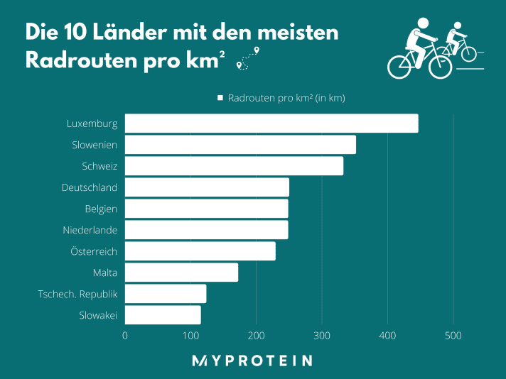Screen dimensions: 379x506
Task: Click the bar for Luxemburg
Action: point(271,123)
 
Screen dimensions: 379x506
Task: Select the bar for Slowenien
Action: point(240,145)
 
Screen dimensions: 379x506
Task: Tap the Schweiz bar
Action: point(234,166)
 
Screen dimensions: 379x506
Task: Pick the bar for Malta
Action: point(181,273)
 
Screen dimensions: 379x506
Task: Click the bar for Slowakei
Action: point(163,315)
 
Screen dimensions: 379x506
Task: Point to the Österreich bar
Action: point(200,251)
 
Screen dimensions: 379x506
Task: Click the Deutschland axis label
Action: point(90,187)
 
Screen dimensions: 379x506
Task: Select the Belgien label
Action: point(101,209)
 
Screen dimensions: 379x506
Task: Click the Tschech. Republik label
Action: point(77,294)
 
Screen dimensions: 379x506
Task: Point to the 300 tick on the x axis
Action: point(322,336)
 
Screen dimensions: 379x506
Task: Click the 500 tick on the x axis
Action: point(453,336)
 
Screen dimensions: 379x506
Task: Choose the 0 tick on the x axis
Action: point(125,336)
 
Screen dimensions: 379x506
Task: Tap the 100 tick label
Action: point(190,336)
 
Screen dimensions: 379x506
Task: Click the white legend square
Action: point(220,98)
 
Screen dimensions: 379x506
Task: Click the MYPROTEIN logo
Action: point(252,361)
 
